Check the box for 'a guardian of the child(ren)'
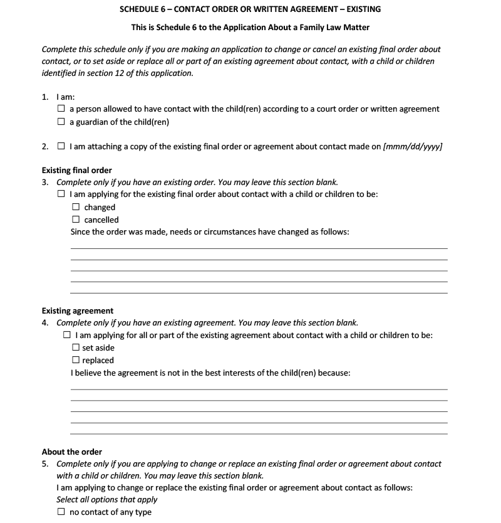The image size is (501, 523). coord(61,122)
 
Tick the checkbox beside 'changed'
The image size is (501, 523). coord(76,207)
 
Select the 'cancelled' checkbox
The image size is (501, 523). coord(76,219)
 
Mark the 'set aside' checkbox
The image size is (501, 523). coord(76,347)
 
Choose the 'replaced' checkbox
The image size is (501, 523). coord(76,360)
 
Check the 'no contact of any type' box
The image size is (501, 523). coord(61,512)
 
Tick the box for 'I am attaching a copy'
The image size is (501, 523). coord(61,147)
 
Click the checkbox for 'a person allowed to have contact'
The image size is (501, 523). coord(61,109)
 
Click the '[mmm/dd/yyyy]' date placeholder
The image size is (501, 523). coord(413,147)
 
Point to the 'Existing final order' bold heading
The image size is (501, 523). coord(77,171)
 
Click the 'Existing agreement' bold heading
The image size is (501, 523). coord(78,311)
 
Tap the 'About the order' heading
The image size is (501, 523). coord(72,452)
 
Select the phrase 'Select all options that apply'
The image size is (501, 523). coord(107,499)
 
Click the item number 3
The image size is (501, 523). coord(45,182)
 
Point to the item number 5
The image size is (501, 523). coord(45,464)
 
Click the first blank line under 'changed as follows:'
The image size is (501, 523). coord(259,248)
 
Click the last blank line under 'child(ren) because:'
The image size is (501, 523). coord(259,433)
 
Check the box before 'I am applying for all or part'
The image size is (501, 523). coord(67,335)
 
